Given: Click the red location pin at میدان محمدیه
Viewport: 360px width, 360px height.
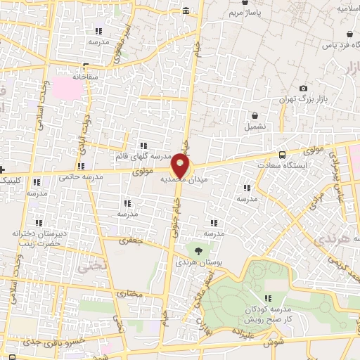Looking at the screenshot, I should (181, 166).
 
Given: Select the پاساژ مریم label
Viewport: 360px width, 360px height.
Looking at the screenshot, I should (247, 13).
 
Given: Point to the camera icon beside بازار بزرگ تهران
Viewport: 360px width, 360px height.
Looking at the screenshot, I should (303, 88).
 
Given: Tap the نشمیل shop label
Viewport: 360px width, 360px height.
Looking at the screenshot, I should (255, 127).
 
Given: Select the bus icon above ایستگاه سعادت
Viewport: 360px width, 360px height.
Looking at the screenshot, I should (282, 155).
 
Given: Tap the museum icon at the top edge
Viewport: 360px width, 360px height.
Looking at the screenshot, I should (186, 11).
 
